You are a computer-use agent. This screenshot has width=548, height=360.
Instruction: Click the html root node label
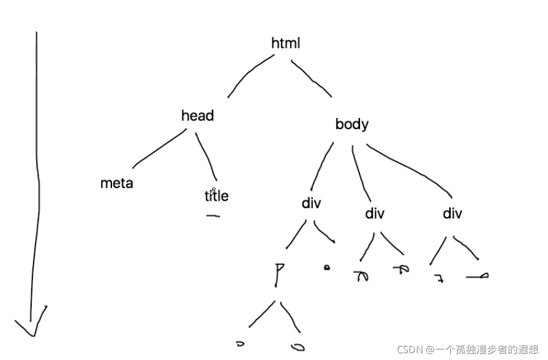point(285,43)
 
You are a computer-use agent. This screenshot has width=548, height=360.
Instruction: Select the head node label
point(197,116)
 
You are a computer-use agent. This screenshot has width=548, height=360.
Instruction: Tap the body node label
point(351,124)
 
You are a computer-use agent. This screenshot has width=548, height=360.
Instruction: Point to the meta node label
point(116,183)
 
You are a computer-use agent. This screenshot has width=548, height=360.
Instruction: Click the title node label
point(216,196)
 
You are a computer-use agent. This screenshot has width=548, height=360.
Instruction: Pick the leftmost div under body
point(311,203)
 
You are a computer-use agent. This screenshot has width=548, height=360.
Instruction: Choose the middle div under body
point(374,214)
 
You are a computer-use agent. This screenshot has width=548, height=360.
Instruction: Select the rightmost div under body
point(452,214)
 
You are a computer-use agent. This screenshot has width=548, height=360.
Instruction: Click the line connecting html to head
point(249,74)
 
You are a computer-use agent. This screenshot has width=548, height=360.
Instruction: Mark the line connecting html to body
point(312,78)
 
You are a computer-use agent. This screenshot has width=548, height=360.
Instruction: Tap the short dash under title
point(213,216)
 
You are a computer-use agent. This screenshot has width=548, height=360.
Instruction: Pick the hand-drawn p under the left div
point(280,273)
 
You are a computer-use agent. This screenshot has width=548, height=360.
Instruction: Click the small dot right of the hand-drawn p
point(326,268)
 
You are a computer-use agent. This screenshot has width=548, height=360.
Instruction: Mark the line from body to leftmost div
point(322,166)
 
